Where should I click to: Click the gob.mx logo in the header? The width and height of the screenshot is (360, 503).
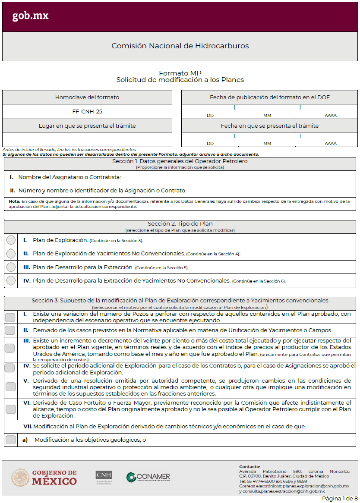(x=30, y=16)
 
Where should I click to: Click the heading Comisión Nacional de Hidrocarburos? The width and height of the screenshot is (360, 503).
(x=180, y=46)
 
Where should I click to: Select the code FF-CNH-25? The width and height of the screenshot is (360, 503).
(x=87, y=111)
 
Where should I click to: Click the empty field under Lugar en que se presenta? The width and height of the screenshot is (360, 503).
(x=87, y=139)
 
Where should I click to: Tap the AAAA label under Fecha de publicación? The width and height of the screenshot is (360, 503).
(x=331, y=115)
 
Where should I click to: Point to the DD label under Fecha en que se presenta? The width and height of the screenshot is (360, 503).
(x=210, y=143)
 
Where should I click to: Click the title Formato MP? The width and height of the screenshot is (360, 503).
(x=180, y=73)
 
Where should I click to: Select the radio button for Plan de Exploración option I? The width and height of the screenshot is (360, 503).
(x=11, y=240)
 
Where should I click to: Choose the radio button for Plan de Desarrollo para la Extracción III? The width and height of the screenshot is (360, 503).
(x=11, y=267)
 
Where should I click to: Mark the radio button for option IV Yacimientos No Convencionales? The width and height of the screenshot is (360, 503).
(x=11, y=280)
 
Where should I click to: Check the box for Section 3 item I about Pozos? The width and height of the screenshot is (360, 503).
(x=10, y=317)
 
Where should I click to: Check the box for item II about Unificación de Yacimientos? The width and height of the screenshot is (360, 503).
(x=10, y=330)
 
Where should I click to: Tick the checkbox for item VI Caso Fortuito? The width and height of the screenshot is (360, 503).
(x=10, y=409)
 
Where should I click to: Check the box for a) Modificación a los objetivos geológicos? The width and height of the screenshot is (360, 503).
(x=10, y=440)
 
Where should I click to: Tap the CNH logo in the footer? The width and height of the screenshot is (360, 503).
(x=104, y=477)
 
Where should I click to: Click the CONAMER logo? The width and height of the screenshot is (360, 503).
(x=148, y=477)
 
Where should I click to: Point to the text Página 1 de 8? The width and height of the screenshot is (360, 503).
(x=340, y=498)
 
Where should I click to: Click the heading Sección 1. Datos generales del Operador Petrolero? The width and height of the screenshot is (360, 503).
(x=180, y=161)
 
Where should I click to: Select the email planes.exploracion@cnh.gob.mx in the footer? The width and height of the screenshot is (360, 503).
(x=316, y=486)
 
